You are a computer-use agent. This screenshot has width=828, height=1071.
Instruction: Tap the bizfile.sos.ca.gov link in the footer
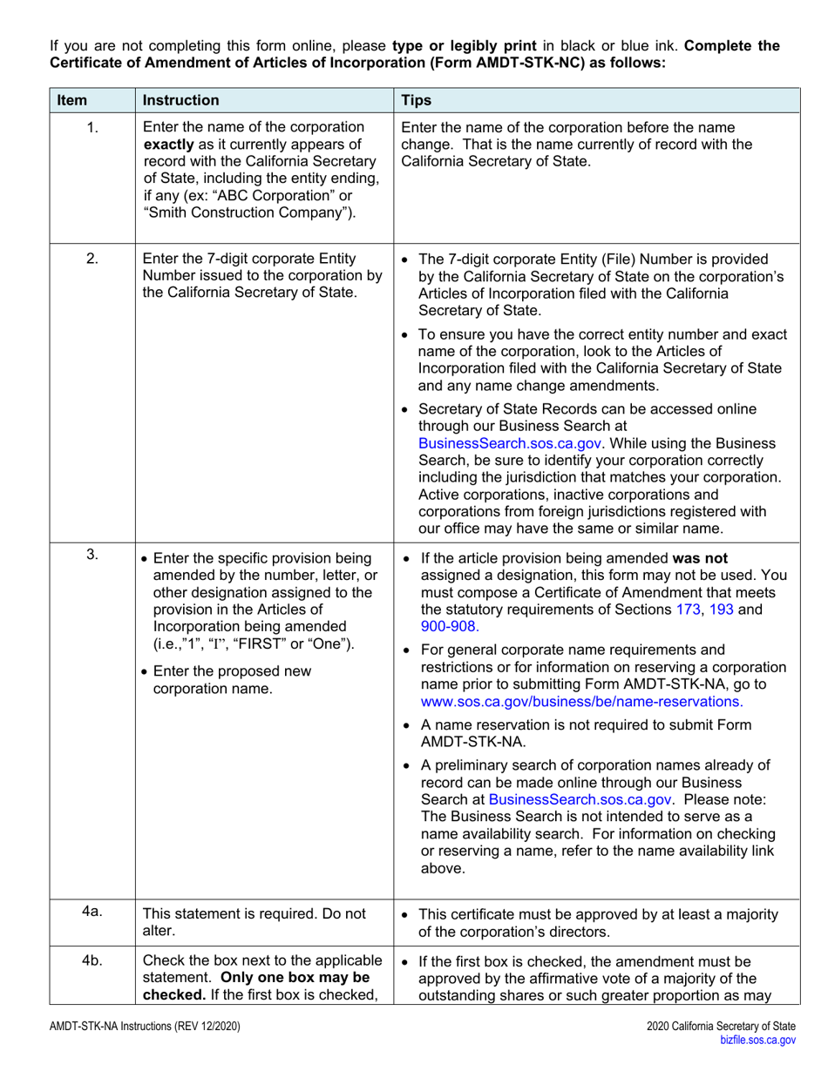pos(756,1039)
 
